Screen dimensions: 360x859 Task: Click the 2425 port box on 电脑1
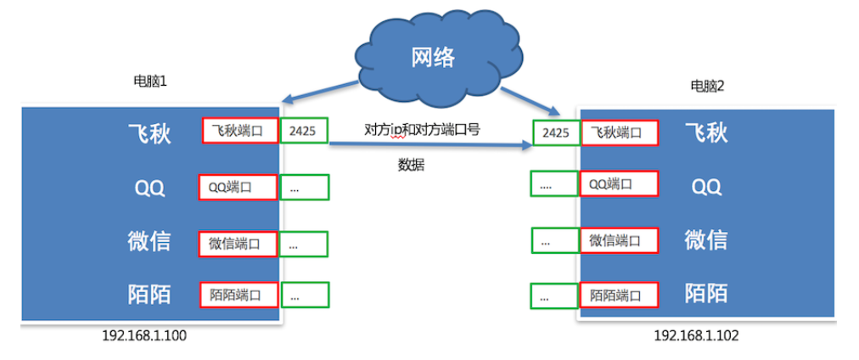[303, 132]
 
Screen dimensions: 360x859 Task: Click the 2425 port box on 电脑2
[555, 132]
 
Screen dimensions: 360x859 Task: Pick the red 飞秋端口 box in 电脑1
[240, 131]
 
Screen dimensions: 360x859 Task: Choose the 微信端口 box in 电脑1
[238, 244]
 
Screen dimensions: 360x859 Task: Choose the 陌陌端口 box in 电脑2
[619, 295]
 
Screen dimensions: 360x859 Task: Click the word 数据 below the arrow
[411, 165]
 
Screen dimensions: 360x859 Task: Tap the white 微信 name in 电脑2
[705, 239]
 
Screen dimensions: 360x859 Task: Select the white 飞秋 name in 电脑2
[706, 133]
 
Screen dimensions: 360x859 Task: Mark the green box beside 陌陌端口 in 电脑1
[305, 295]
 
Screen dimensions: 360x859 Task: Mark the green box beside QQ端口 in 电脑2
[554, 183]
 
